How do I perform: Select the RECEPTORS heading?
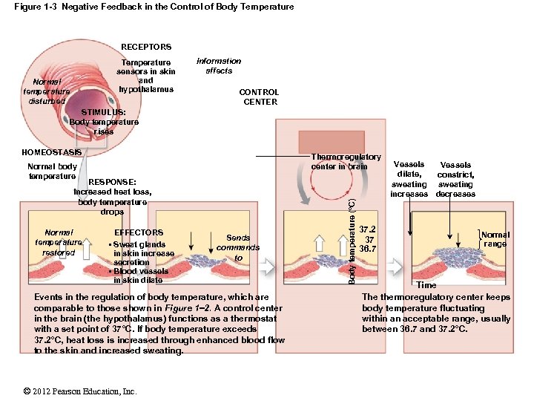(x=146, y=47)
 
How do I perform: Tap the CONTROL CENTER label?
(x=258, y=97)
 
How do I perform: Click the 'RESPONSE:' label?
(x=112, y=182)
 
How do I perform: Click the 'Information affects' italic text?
(x=218, y=66)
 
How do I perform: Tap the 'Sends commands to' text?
(x=238, y=248)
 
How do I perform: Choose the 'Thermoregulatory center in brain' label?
(x=346, y=161)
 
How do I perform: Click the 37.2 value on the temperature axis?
(x=368, y=230)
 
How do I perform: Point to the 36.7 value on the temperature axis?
(x=368, y=249)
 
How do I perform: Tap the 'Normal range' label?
(x=495, y=239)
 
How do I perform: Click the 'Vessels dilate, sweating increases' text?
(x=409, y=179)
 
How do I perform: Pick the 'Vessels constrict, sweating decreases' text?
(x=455, y=179)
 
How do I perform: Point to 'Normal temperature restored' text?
(x=59, y=242)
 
